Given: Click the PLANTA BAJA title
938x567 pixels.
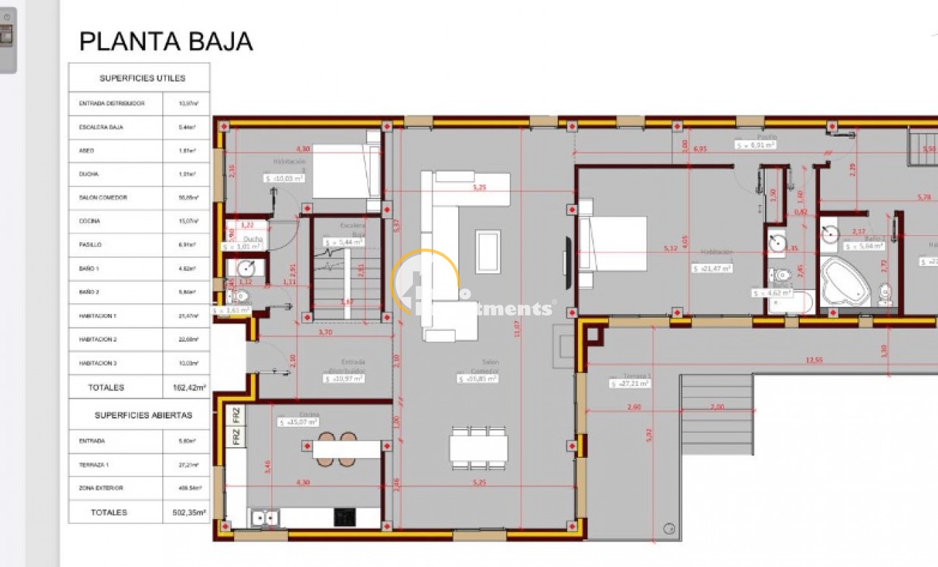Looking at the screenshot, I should coord(166,41).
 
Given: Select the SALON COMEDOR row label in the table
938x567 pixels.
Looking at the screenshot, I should coord(103,198).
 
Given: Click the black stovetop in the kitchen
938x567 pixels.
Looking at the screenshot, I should coord(345,517).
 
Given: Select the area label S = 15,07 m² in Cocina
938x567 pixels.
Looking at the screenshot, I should coord(298,422).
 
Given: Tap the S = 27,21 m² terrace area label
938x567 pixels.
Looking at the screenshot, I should coord(630,382).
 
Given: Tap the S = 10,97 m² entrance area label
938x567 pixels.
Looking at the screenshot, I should coord(345,378).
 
